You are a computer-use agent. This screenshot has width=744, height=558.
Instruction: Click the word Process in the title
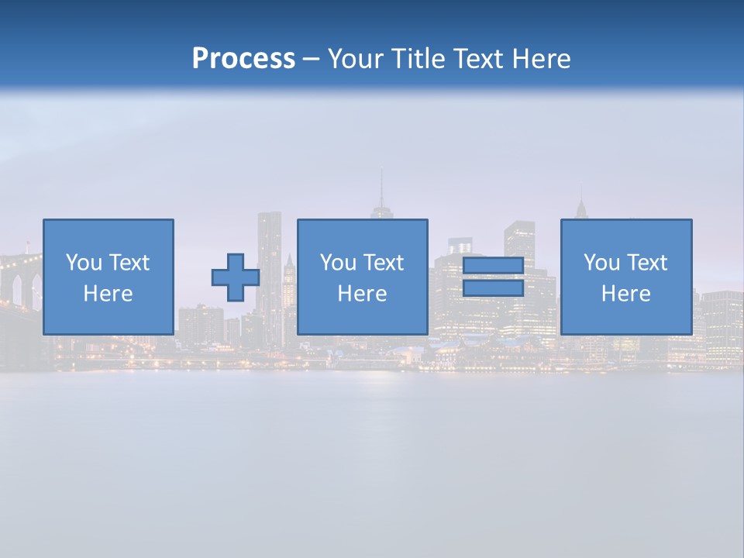pyautogui.click(x=243, y=59)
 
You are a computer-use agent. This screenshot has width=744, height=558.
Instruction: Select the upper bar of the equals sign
pyautogui.click(x=493, y=266)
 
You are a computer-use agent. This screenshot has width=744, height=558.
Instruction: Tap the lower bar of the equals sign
pyautogui.click(x=493, y=288)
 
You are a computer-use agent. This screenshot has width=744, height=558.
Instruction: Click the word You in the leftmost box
pyautogui.click(x=84, y=263)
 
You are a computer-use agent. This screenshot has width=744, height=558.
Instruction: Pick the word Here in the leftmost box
pyautogui.click(x=108, y=294)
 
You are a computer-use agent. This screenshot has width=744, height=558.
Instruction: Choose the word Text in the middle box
pyautogui.click(x=384, y=263)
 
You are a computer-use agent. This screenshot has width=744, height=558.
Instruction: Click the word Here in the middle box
pyautogui.click(x=362, y=294)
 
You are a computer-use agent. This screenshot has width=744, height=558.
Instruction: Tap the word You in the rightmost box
pyautogui.click(x=601, y=263)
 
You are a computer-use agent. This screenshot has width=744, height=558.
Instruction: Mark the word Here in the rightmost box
pyautogui.click(x=625, y=294)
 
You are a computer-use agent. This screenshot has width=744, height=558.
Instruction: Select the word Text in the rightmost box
pyautogui.click(x=647, y=263)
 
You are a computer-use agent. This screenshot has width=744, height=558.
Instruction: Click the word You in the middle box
pyautogui.click(x=338, y=263)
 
